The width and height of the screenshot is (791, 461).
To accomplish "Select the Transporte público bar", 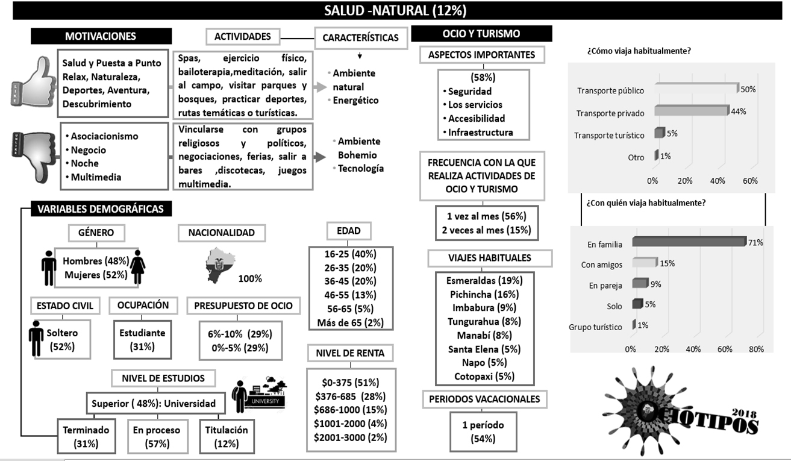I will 696,89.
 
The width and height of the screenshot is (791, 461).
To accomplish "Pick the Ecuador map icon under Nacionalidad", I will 219,265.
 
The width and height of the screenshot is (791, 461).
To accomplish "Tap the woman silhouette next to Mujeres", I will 138,267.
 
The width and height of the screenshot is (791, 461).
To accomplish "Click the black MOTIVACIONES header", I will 101,36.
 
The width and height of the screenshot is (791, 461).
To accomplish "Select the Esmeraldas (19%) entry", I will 485,281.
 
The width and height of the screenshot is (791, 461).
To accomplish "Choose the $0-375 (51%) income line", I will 351,383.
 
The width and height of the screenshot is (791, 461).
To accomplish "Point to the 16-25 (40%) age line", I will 351,254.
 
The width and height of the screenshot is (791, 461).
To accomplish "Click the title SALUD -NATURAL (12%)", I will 395,10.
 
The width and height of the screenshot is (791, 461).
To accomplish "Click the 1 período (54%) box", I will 484,431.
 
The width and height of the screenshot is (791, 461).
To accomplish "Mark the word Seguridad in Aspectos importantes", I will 470,92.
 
